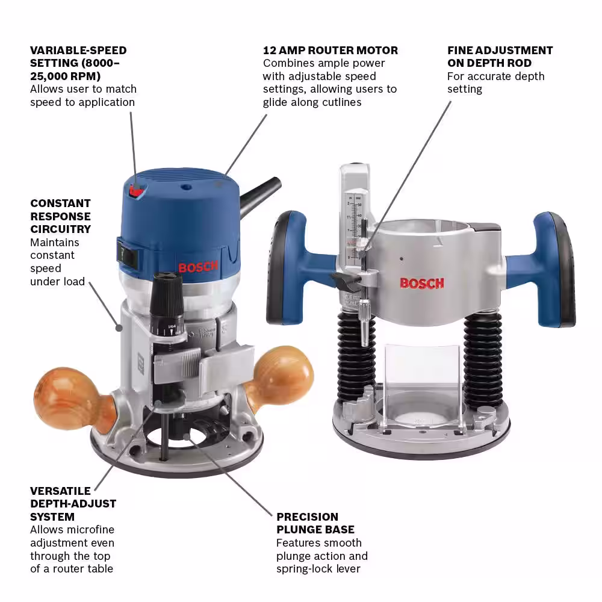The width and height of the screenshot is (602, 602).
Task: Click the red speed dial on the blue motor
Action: (137, 190)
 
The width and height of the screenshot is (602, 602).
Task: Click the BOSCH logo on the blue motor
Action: (198, 267)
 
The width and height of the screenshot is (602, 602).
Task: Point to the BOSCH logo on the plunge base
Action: (422, 284)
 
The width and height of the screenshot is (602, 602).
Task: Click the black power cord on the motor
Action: (259, 195)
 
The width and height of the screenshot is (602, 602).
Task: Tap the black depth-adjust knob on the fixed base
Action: (167, 303)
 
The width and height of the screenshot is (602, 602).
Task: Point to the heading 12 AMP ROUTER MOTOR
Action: (330, 51)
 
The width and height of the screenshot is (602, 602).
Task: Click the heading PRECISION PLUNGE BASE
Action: (315, 523)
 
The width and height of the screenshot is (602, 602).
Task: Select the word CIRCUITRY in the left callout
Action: (60, 229)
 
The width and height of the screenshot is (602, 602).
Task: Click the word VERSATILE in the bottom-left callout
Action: (60, 491)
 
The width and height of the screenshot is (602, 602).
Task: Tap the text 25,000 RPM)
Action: (65, 76)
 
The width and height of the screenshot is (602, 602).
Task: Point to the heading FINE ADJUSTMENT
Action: (500, 51)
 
